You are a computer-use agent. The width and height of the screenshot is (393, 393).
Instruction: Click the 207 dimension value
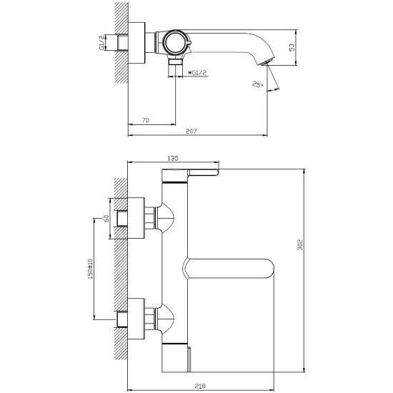[x=191, y=131]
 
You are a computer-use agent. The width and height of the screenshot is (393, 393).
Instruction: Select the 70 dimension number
[x=145, y=120]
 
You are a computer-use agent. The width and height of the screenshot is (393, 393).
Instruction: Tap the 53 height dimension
[x=292, y=47]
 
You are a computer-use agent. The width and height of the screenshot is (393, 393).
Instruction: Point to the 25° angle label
[x=258, y=84]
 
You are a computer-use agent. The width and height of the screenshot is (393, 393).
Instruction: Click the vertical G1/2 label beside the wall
[x=101, y=43]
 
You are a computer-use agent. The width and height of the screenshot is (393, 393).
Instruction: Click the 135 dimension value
[x=173, y=158]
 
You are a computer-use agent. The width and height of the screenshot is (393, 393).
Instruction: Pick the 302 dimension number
[x=300, y=245]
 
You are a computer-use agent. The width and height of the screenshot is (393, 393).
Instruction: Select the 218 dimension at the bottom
[x=200, y=387]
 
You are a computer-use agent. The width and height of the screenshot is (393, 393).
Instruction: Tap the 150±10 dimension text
[x=90, y=269]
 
